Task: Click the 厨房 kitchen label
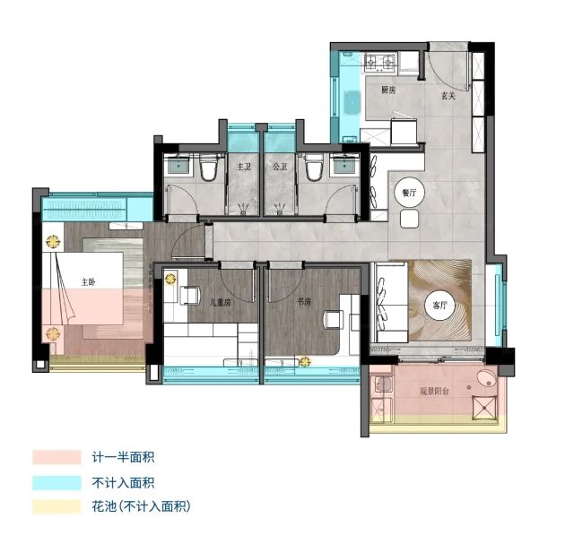pos(388,90)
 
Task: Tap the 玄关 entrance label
pos(448,96)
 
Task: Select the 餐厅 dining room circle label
pos(409,193)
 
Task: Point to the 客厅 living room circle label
pos(439,305)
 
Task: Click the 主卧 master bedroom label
pos(88,282)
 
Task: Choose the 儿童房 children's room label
pos(221,302)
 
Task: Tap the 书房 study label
pos(304,302)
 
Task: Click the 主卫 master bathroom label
pos(244,167)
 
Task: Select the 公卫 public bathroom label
pos(280,167)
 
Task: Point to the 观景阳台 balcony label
pos(434,392)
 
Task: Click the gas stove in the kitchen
pos(380,63)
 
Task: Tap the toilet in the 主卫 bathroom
pos(209,168)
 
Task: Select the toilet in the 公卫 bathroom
pos(315,168)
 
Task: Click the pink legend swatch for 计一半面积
pos(57,457)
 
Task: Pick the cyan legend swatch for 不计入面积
pos(57,483)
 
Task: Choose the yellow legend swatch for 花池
pos(57,506)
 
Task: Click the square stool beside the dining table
pos(409,219)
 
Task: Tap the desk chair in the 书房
pos(334,320)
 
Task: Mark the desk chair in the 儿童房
pos(190,295)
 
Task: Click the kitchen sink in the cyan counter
pos(352,103)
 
